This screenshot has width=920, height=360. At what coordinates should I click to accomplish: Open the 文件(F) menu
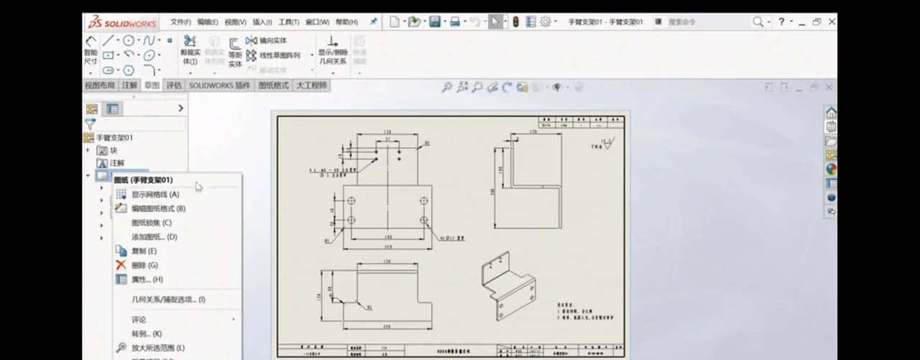pos(181,22)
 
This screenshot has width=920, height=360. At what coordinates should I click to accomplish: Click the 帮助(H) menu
pos(346,22)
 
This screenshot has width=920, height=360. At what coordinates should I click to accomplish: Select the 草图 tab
pos(152,86)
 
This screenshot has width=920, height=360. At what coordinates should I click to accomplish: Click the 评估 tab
pos(175,86)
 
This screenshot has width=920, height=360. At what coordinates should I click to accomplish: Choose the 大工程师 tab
pos(311,86)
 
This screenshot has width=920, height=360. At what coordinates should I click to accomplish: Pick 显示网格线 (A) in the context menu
pos(155,194)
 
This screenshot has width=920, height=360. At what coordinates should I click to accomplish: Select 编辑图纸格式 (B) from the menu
pos(158,208)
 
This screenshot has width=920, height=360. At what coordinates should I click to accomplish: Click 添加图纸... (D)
pos(154,236)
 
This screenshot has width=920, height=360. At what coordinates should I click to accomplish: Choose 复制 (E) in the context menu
pos(144,251)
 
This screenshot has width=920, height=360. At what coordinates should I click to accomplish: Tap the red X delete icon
pos(121,265)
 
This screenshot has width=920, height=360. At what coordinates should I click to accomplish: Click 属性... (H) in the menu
pos(147,279)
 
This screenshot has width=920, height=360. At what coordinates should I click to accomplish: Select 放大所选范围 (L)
pos(158,348)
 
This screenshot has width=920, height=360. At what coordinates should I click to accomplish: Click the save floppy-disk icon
pos(435,22)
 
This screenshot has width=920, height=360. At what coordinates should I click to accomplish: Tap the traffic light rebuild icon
pos(515,22)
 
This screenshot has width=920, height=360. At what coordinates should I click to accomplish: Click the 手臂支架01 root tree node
pos(114,137)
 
